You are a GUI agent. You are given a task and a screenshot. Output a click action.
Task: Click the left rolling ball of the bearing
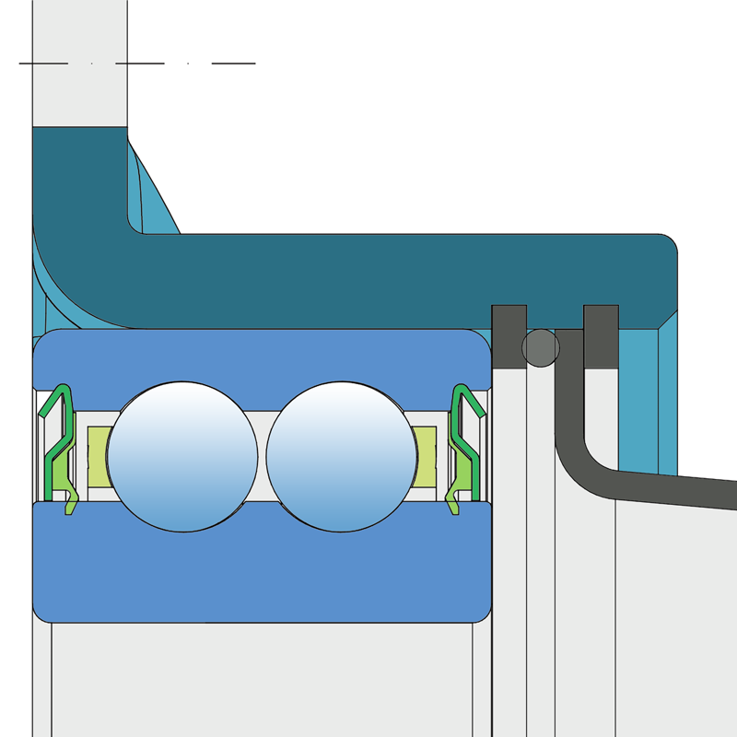(181, 457)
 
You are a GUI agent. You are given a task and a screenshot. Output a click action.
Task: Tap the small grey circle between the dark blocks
(540, 347)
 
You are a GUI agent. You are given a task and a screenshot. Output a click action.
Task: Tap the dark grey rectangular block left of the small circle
(509, 336)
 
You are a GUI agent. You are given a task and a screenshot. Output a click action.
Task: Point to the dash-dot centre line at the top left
(138, 64)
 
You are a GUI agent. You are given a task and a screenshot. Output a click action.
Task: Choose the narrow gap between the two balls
(262, 457)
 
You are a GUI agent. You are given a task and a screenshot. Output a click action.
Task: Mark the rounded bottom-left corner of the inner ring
(39, 612)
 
